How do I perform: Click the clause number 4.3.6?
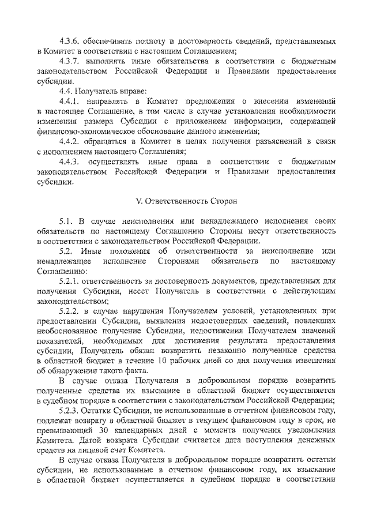70,42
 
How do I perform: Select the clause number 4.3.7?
70,60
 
